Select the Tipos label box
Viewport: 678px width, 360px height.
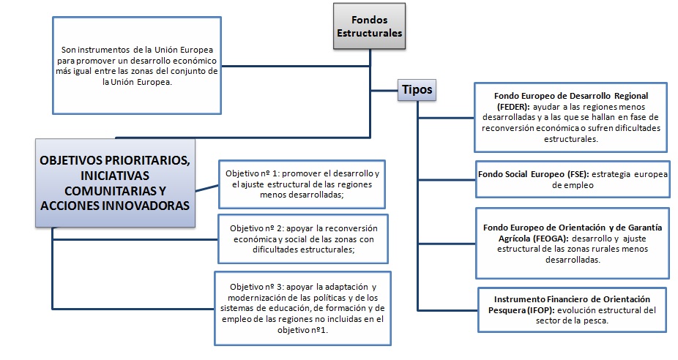coord(417,90)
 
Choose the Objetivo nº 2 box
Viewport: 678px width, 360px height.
coord(302,239)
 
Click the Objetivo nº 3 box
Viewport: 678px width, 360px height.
coord(302,309)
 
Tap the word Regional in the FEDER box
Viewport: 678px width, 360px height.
coord(627,96)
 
